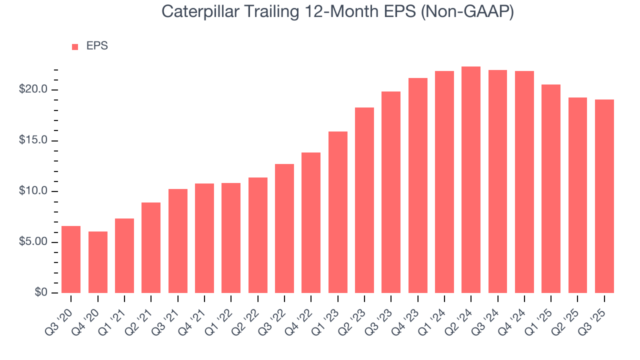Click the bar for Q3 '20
(x=71, y=259)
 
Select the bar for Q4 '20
(x=97, y=262)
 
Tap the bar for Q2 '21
(x=151, y=247)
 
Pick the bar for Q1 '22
(x=231, y=238)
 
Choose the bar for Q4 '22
(x=311, y=222)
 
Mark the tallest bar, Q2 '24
(x=471, y=179)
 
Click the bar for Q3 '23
(x=391, y=192)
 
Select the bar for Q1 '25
(x=551, y=188)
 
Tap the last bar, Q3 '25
(x=604, y=196)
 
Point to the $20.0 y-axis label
(x=33, y=89)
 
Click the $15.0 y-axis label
(x=33, y=140)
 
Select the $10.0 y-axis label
(x=33, y=191)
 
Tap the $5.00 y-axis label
(x=33, y=242)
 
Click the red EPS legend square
(x=75, y=46)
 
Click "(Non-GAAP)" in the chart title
(x=467, y=12)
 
